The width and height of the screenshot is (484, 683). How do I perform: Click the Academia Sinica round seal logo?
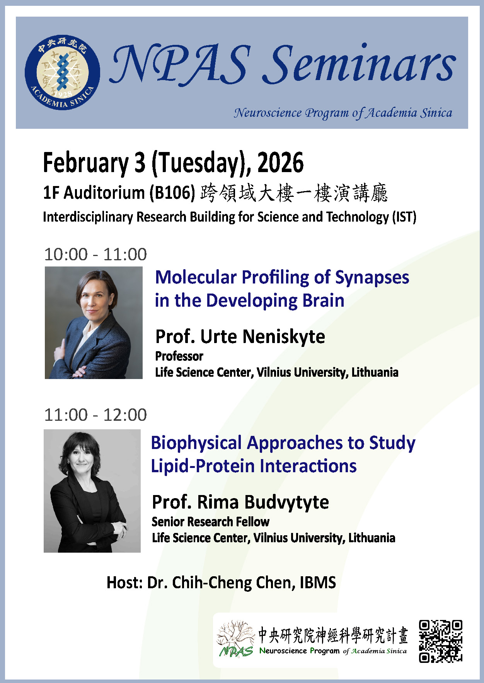coord(62,72)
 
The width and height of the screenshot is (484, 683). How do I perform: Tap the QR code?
coord(441,641)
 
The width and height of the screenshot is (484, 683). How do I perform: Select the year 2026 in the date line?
coord(280,163)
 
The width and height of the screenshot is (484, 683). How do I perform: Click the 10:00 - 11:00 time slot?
coord(95,254)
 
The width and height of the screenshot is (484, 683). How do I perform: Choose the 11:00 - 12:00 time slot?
coord(95,415)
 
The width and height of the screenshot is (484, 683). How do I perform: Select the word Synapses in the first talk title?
coord(372,277)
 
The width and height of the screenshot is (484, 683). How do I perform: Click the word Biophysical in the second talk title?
coord(196,443)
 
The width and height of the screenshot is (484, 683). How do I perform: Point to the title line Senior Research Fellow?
coord(210,522)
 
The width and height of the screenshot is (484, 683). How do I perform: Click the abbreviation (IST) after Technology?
coord(404,217)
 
